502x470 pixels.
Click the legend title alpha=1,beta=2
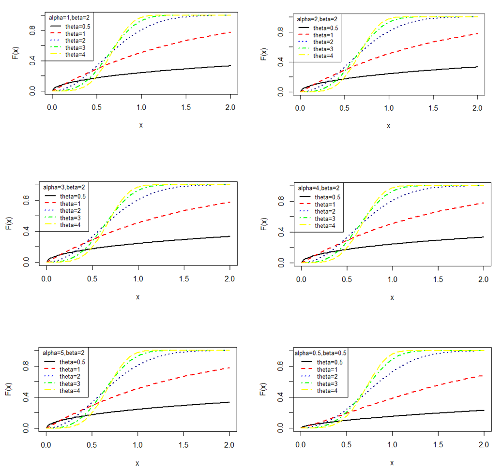point(68,17)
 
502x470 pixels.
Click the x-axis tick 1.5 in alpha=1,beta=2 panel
point(186,105)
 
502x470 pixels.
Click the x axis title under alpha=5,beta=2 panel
point(137,463)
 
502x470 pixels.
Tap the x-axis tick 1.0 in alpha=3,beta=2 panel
point(137,277)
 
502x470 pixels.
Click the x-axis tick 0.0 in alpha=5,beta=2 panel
point(46,442)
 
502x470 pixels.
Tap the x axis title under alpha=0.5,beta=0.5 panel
point(393,463)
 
